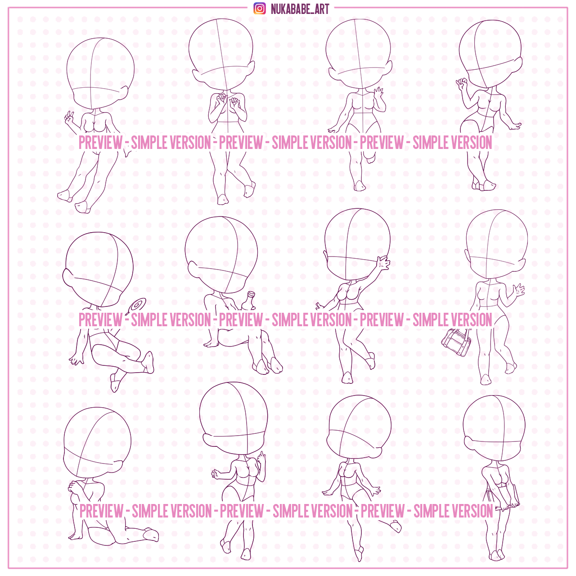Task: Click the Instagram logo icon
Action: pos(260,9)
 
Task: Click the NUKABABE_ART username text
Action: pos(300,9)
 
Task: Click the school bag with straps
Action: pos(456,342)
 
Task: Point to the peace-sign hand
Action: pos(69,119)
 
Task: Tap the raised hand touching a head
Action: pos(383,264)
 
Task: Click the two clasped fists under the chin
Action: pos(228,100)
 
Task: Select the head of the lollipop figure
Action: pos(98,269)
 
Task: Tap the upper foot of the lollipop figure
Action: pos(148,362)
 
